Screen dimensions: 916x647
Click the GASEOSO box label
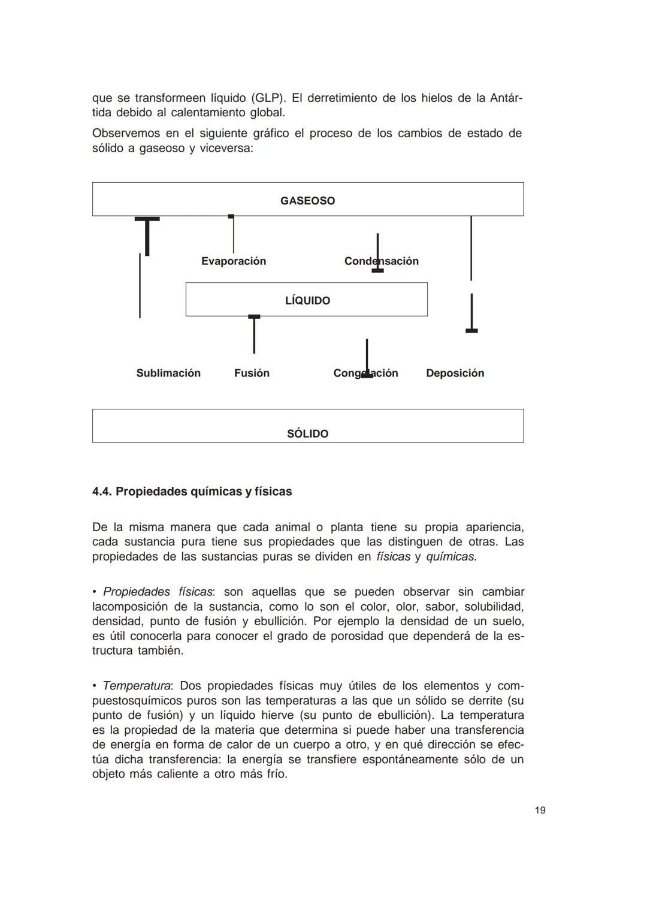(x=307, y=201)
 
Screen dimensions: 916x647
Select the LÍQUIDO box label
(x=307, y=300)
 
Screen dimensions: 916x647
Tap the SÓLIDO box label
(x=307, y=433)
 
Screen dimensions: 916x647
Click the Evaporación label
(x=233, y=261)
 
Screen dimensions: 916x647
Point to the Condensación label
(x=381, y=261)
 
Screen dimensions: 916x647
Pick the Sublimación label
(x=168, y=373)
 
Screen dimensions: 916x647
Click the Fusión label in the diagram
(x=252, y=373)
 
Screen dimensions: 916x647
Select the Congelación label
(x=365, y=373)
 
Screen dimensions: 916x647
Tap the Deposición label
(x=455, y=373)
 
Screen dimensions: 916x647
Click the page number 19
(x=540, y=810)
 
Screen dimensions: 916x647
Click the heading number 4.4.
(x=102, y=492)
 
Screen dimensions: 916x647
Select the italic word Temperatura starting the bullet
(x=137, y=685)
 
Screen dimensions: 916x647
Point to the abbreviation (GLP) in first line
(x=267, y=98)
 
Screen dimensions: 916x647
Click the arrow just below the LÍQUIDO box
(x=254, y=334)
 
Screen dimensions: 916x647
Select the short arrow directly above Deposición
(x=471, y=313)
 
